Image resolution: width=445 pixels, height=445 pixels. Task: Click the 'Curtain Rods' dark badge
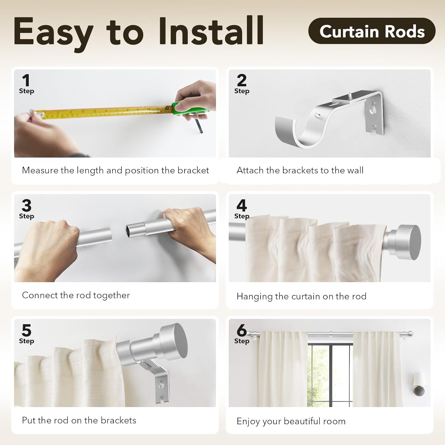tap(372, 31)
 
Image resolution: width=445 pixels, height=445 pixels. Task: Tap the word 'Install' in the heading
tap(211, 31)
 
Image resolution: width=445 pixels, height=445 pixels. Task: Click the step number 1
tap(26, 81)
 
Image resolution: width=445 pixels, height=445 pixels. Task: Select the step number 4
tap(241, 206)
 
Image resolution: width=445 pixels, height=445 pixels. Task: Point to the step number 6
tap(241, 330)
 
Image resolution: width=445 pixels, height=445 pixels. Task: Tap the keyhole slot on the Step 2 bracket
tap(373, 108)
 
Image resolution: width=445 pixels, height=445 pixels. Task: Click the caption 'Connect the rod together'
tap(76, 295)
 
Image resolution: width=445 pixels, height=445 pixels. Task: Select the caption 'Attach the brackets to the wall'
tap(300, 170)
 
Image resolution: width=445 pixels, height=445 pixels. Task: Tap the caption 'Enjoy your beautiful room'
tap(291, 421)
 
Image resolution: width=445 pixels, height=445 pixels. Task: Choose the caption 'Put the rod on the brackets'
tap(79, 420)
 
